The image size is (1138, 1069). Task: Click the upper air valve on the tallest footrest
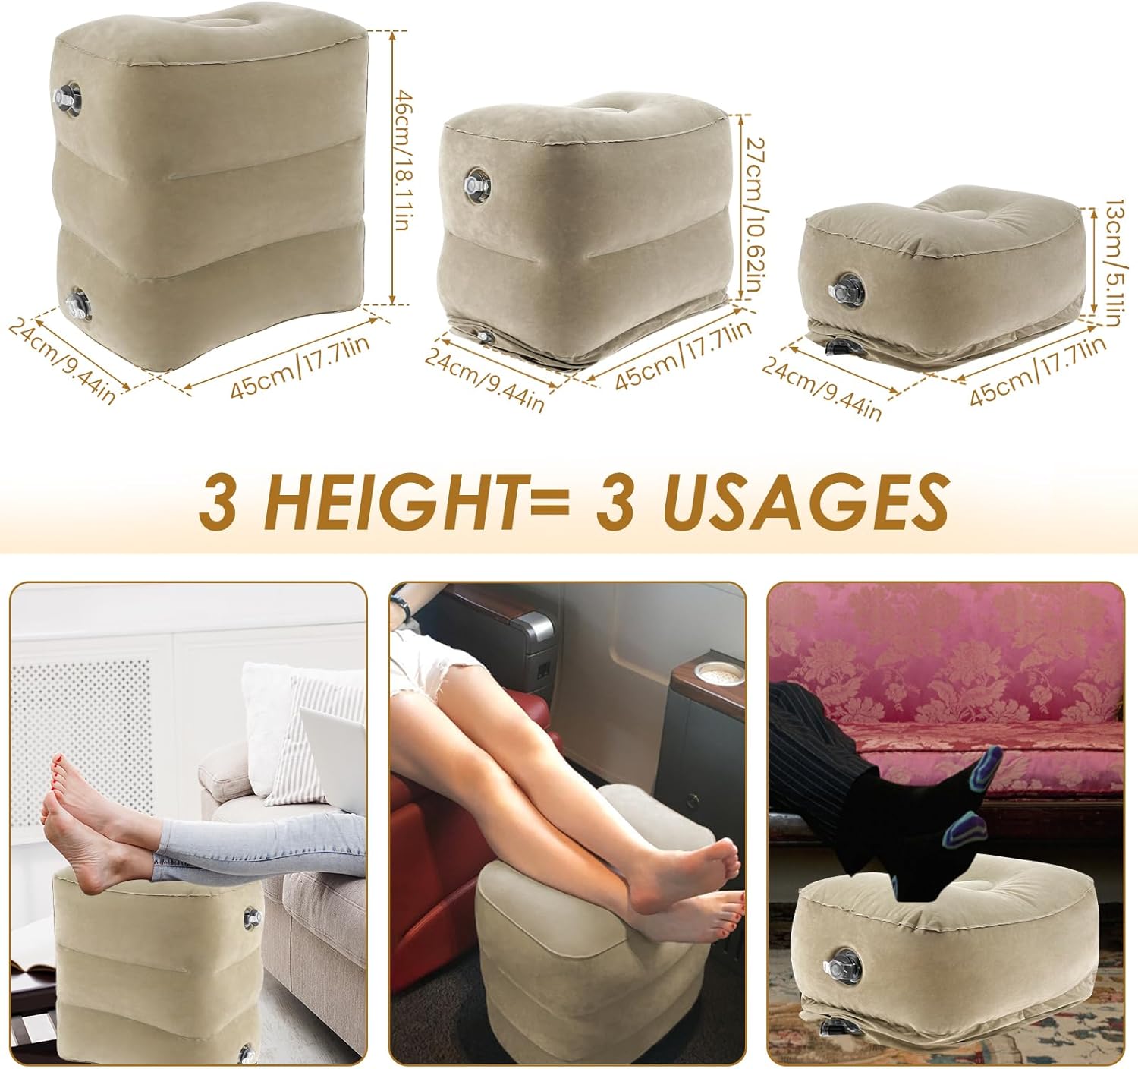tap(68, 98)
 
